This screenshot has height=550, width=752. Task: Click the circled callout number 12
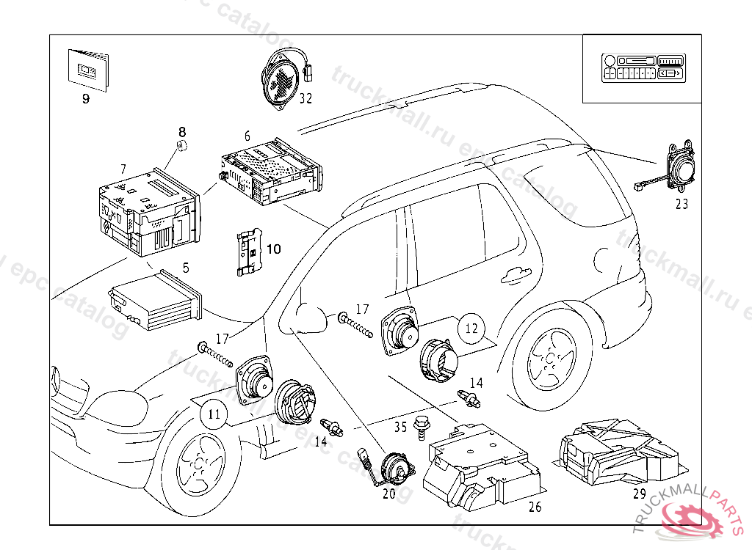tap(471, 328)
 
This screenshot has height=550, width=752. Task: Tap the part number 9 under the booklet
tap(85, 99)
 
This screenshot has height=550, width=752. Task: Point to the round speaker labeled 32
tap(283, 79)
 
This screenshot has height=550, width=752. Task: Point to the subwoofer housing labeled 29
tap(617, 455)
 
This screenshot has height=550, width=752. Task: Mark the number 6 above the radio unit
tap(247, 136)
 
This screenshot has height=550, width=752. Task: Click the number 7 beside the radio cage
tap(123, 169)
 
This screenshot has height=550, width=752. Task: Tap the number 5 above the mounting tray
tap(186, 268)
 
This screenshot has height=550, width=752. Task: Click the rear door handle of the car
tap(516, 275)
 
